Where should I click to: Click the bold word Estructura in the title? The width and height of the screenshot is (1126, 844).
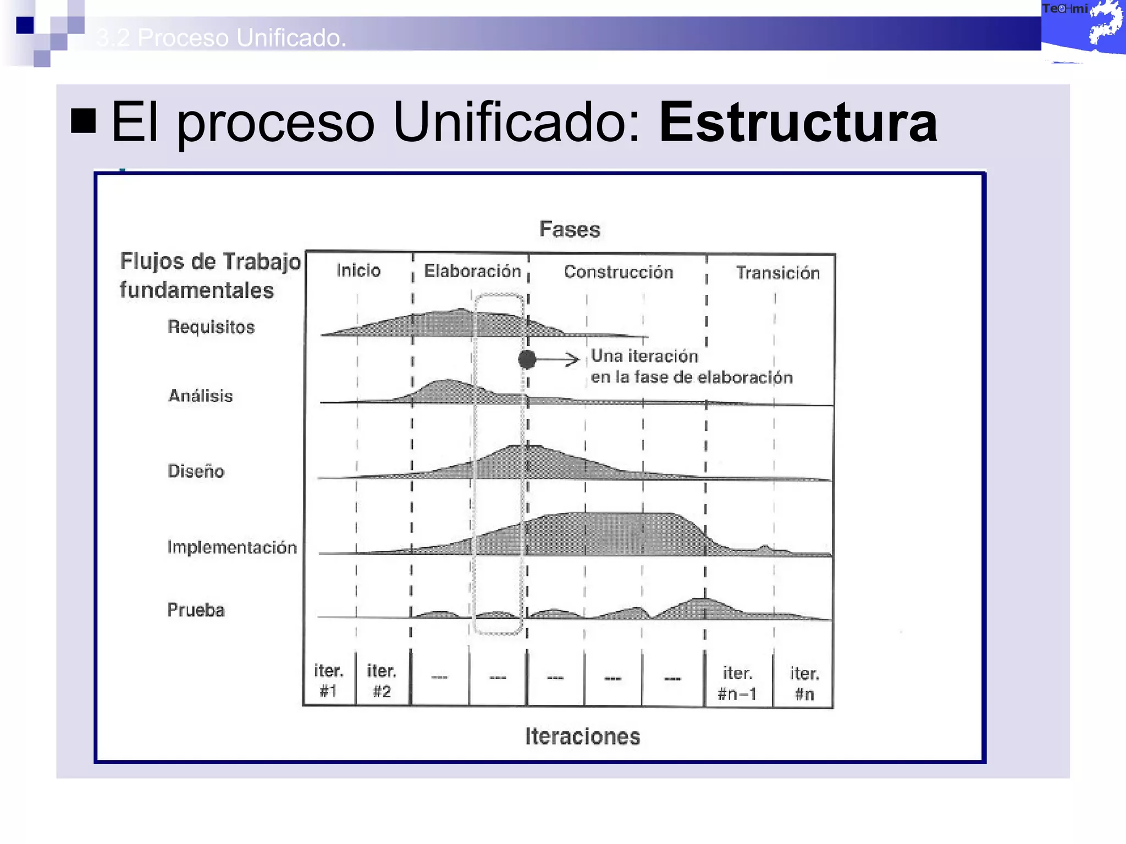(798, 122)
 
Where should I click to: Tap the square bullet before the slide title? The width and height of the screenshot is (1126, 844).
(84, 121)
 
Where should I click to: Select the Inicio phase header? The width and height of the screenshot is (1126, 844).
(358, 270)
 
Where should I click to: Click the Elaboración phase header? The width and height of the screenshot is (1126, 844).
(472, 271)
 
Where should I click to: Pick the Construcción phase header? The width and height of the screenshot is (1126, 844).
(619, 272)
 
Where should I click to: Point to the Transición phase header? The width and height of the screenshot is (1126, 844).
(777, 273)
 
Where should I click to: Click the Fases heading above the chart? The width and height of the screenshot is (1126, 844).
(570, 229)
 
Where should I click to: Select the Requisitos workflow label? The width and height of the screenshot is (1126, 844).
(211, 327)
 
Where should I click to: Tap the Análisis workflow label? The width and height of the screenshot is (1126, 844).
(201, 396)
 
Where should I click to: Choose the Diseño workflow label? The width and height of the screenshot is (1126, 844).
(196, 471)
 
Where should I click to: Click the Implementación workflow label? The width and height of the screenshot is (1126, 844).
(232, 547)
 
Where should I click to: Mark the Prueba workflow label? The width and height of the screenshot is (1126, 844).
(196, 610)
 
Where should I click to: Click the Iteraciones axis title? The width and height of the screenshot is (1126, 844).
(583, 736)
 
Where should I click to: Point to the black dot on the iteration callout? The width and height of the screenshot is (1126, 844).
(527, 359)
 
